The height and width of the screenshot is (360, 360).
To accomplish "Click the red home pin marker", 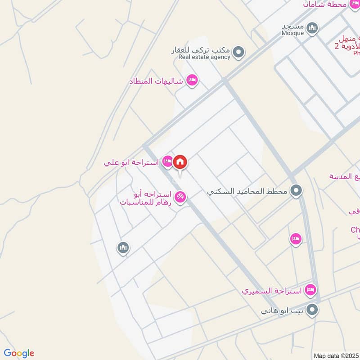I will pos(180,162).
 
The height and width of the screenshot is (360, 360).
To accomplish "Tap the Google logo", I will pos(19,353).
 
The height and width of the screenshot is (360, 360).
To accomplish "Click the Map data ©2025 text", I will pos(336,355).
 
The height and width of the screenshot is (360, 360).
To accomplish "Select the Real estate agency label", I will pos(204,57).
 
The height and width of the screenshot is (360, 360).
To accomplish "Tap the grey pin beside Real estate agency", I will pos(239,53).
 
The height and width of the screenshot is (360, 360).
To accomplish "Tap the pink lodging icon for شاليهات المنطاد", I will pos(193,81).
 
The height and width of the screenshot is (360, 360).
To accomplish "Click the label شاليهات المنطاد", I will pos(156,81).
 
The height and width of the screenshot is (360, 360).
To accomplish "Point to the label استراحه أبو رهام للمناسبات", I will pos(145,198).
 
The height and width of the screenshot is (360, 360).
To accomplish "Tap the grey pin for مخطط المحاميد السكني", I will pos(296,190).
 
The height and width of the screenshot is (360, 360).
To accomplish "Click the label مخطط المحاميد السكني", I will pos(247,191).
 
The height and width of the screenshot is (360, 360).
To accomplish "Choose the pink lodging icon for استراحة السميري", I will pos(310,290).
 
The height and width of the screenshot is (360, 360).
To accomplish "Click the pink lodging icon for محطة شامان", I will pos(355,4).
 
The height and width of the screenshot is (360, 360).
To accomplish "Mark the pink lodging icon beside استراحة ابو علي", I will pos(167,162).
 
